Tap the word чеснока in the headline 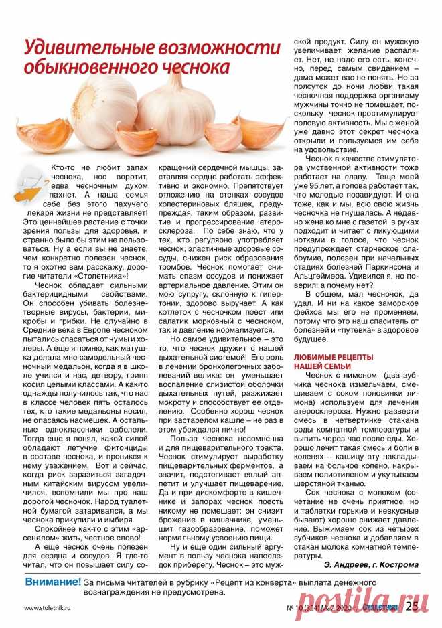(181, 68)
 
